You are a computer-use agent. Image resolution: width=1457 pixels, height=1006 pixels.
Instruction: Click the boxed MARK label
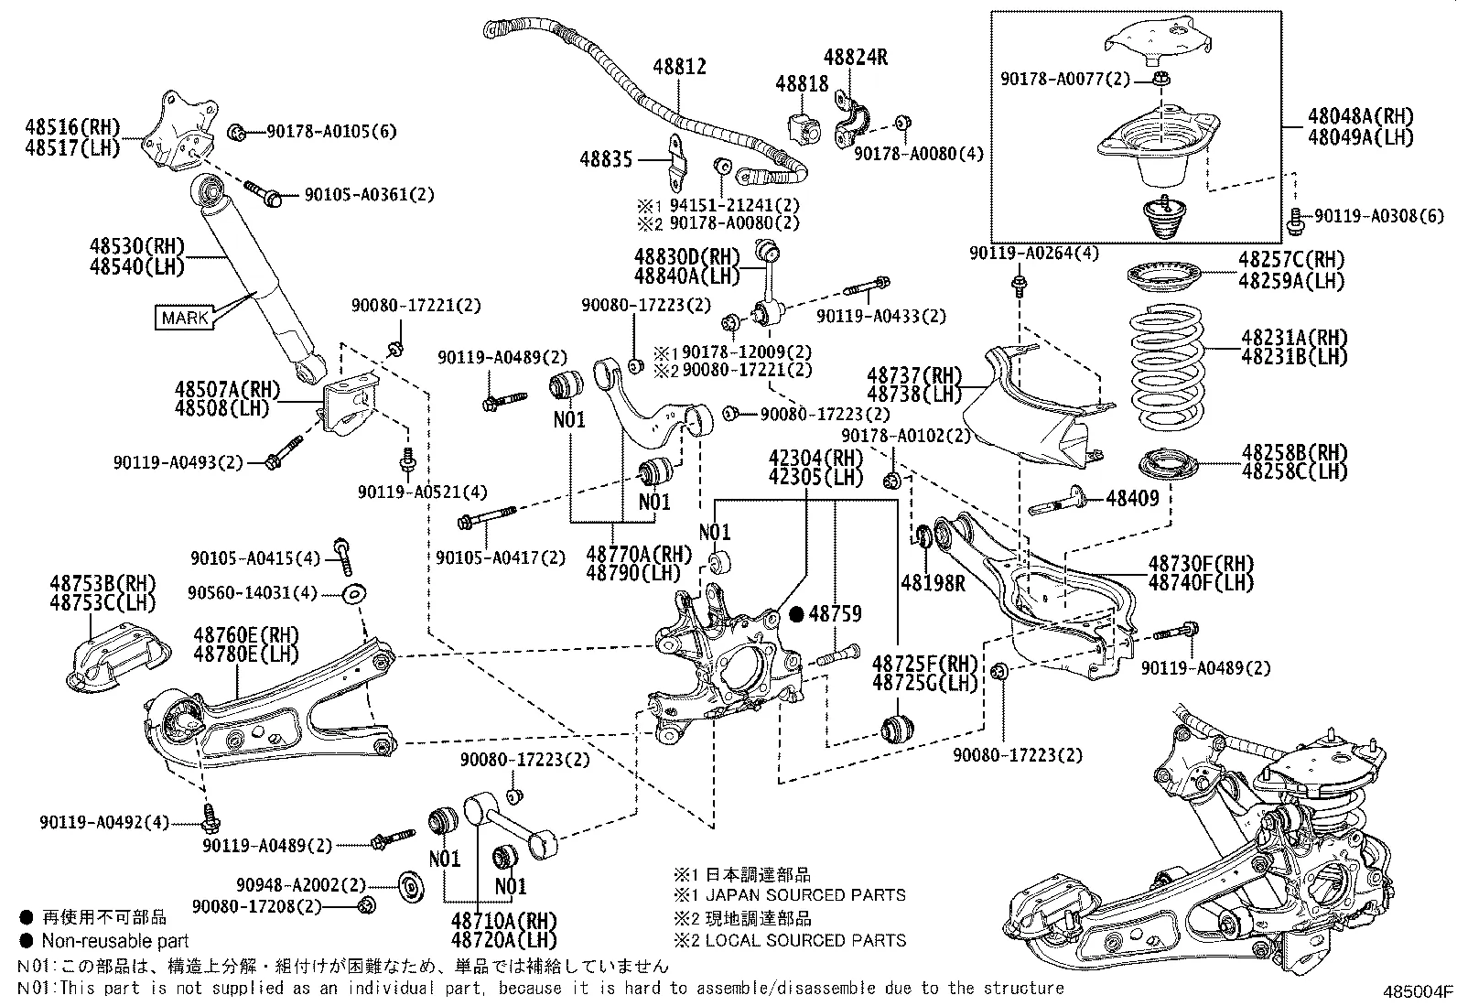pyautogui.click(x=185, y=318)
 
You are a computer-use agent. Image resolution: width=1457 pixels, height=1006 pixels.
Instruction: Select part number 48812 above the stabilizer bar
pyautogui.click(x=679, y=67)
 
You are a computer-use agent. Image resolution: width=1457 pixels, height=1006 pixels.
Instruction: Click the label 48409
pyautogui.click(x=1132, y=499)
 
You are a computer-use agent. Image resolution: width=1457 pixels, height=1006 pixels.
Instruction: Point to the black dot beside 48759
pyautogui.click(x=796, y=614)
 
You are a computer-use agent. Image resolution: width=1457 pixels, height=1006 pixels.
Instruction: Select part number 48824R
pyautogui.click(x=855, y=57)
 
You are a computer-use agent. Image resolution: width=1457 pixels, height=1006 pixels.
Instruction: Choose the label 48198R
pyautogui.click(x=933, y=582)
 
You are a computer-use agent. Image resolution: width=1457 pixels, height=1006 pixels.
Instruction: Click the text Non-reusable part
pyautogui.click(x=115, y=941)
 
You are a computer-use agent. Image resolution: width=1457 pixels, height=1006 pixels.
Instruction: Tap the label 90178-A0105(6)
pyautogui.click(x=331, y=132)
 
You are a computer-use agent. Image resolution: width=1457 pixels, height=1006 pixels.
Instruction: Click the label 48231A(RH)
pyautogui.click(x=1294, y=338)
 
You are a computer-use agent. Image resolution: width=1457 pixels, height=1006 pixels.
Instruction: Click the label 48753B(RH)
pyautogui.click(x=103, y=583)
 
